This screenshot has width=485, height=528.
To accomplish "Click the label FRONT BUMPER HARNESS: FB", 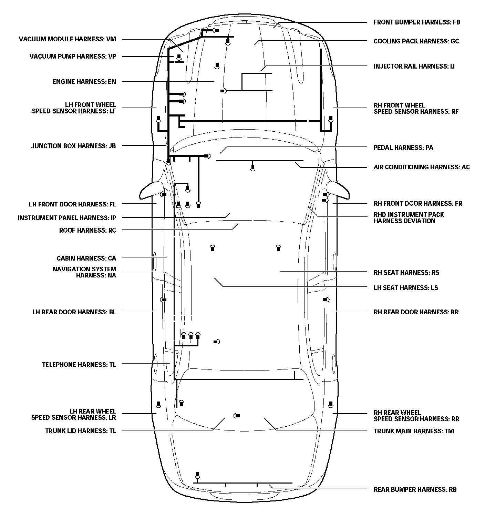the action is [416, 22].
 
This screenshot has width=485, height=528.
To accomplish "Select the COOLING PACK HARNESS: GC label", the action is [416, 41].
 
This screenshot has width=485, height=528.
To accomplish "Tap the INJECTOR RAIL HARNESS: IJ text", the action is [414, 66].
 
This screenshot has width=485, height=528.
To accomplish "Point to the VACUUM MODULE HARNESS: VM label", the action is [68, 39].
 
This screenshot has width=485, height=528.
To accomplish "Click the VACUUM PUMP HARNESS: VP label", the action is [73, 56].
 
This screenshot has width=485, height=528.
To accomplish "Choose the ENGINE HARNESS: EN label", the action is [84, 82].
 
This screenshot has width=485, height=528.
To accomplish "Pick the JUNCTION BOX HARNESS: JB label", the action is [73, 146].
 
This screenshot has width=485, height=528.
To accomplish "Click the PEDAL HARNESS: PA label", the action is [403, 148].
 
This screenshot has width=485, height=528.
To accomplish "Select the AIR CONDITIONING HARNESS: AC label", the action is [422, 167].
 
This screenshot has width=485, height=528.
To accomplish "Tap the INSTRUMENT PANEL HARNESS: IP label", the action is [67, 218].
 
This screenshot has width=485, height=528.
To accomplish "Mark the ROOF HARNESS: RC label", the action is [87, 230].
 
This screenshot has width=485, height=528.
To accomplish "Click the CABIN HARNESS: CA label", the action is [86, 258].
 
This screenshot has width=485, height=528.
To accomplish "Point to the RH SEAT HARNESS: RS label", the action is [406, 273].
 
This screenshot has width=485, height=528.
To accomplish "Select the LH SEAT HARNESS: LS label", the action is [406, 288].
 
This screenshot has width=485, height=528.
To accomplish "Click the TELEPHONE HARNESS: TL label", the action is [79, 365].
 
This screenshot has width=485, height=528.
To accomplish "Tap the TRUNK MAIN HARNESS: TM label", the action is [414, 431].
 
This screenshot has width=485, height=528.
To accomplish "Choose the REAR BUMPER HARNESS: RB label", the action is [415, 489].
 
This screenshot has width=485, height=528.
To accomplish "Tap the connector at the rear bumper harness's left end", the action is [197, 475].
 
